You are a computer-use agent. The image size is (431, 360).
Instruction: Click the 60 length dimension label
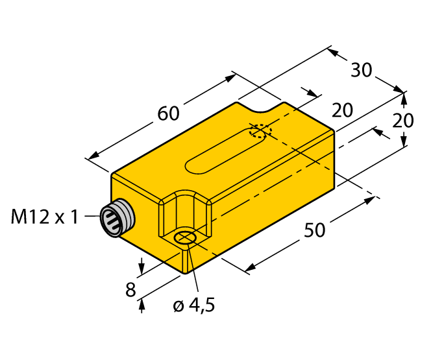[168, 113]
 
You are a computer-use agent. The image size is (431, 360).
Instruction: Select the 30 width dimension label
[362, 69]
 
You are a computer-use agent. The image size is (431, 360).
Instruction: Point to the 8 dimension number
[130, 290]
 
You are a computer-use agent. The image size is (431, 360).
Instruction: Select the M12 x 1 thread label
[44, 217]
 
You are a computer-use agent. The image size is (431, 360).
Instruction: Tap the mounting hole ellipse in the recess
[186, 239]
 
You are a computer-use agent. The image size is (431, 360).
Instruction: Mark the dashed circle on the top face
[260, 132]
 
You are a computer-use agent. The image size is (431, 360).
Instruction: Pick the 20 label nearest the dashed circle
[342, 110]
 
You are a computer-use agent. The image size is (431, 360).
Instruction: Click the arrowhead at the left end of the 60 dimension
[92, 157]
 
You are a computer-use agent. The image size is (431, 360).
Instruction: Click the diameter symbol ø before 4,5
[178, 306]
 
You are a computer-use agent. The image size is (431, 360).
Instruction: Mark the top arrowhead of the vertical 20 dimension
[404, 97]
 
